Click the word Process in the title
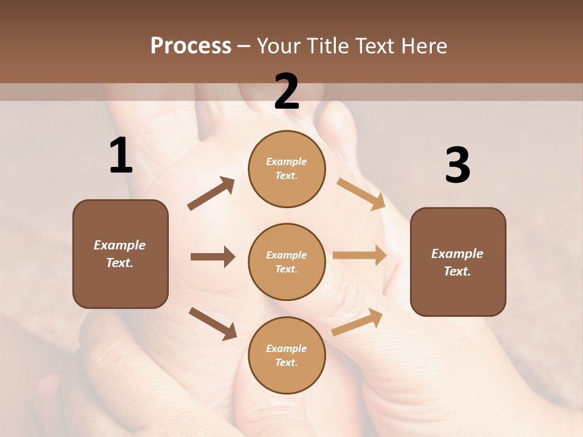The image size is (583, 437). [x=191, y=46]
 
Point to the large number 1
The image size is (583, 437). [x=121, y=156]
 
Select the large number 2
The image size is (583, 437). [x=287, y=92]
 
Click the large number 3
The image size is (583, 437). [x=457, y=166]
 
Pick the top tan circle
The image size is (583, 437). [x=287, y=169]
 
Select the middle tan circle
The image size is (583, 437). [x=287, y=262]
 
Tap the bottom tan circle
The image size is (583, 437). [x=287, y=355]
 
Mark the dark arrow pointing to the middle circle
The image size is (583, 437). [x=213, y=257]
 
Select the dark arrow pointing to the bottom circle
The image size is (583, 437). [x=213, y=324]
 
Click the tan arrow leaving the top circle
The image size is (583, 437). [x=361, y=194]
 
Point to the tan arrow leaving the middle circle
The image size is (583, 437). [x=360, y=256]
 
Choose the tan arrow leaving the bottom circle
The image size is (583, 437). [x=357, y=322]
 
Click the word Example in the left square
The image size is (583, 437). [x=120, y=245]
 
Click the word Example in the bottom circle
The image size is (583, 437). [x=287, y=348]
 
